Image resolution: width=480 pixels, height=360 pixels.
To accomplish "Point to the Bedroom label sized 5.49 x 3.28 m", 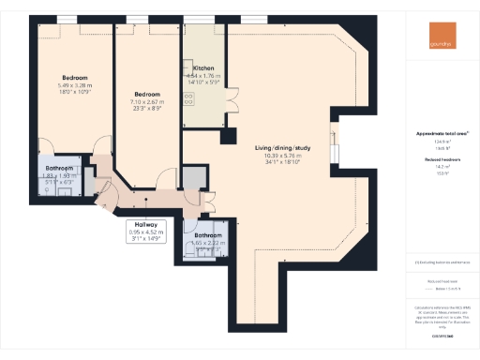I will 75,78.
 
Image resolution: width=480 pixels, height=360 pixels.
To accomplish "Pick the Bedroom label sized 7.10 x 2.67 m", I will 149,95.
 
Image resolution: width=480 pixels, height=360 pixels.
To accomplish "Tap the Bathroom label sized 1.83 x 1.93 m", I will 64,169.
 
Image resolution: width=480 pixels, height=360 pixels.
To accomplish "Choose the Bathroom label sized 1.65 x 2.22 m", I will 208,235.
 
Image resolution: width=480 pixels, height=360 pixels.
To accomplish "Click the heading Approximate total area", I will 442,134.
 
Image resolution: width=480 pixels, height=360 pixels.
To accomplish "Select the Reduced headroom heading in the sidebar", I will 442,160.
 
